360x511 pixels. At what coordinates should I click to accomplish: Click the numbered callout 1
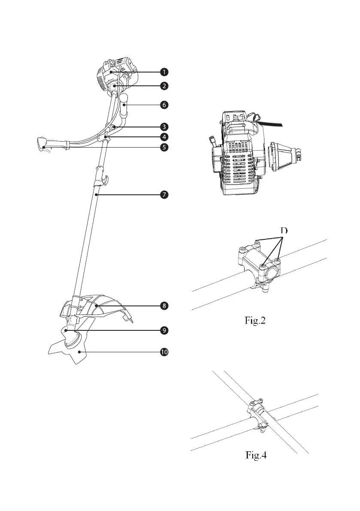click(164, 71)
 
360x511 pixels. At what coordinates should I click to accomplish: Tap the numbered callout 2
click(164, 85)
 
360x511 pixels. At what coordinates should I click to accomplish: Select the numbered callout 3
click(164, 127)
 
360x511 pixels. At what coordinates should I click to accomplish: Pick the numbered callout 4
click(164, 137)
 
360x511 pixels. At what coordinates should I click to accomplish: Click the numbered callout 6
click(164, 104)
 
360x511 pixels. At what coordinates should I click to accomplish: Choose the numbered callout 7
click(164, 195)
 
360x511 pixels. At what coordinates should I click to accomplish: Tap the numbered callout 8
click(164, 306)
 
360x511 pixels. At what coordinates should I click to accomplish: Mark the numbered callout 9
click(164, 330)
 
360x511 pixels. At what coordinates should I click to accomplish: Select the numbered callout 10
click(164, 352)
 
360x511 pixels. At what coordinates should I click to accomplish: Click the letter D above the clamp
click(284, 231)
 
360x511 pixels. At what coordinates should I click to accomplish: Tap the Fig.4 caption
click(253, 455)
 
